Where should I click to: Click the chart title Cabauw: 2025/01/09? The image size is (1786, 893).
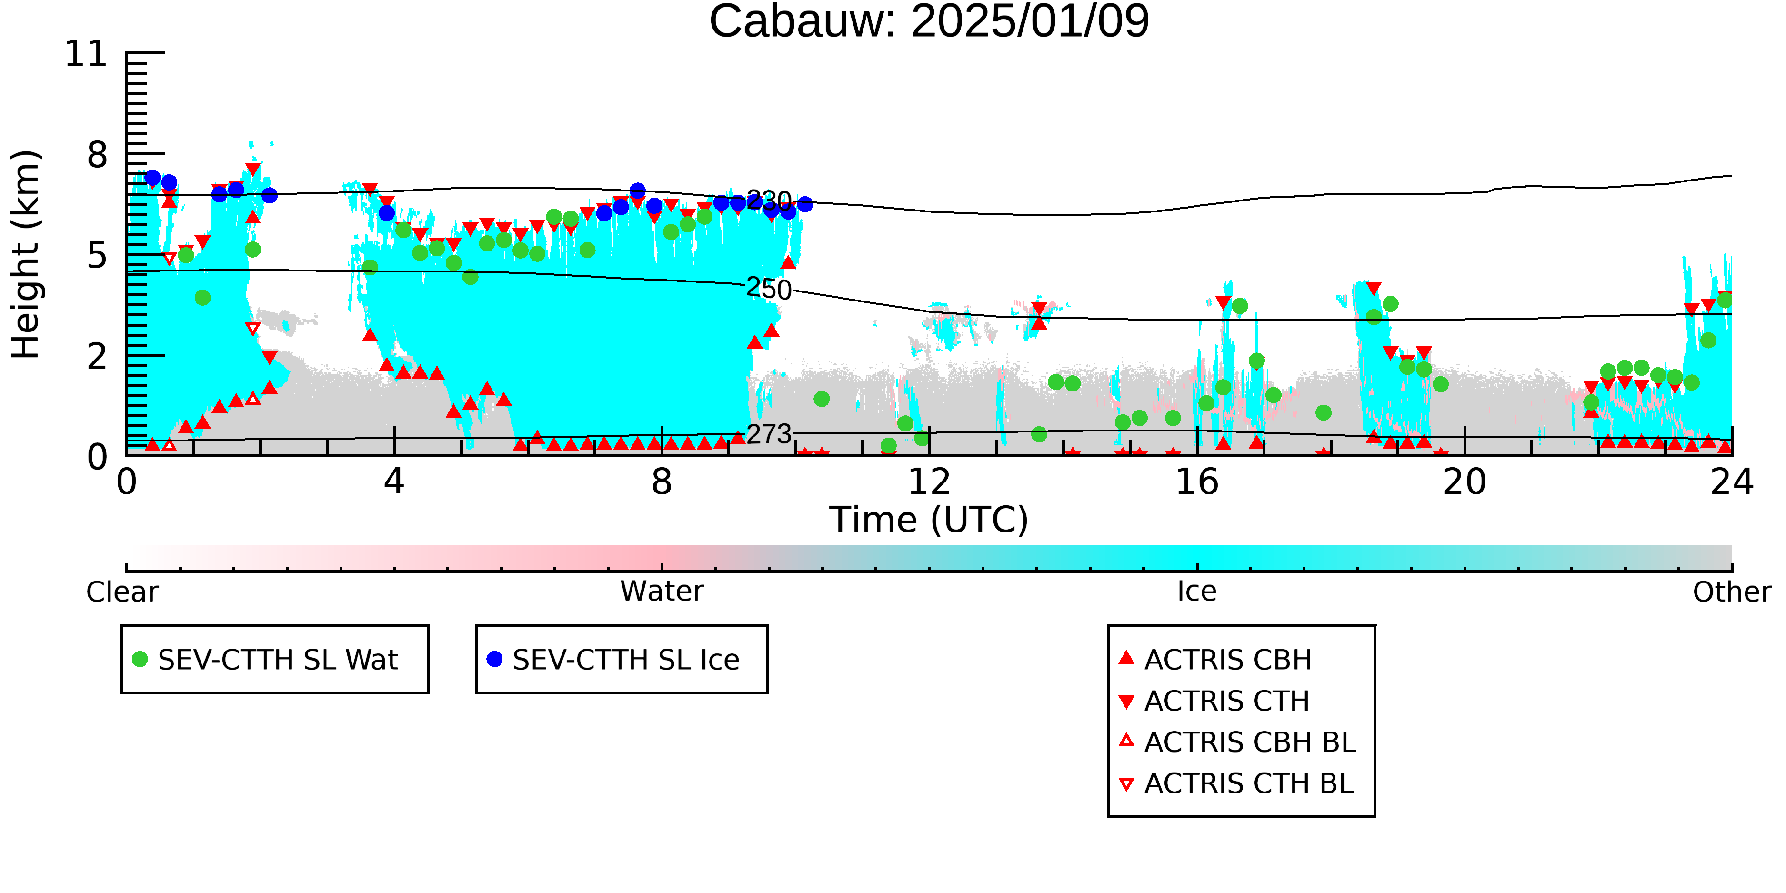coord(929,21)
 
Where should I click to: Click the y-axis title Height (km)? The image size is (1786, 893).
coord(26,254)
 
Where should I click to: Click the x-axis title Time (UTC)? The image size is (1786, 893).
coord(929,520)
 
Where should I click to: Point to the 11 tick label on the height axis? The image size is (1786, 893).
coord(86,54)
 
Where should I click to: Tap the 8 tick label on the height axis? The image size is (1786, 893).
coord(98,155)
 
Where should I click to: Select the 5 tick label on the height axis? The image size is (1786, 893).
coord(98,256)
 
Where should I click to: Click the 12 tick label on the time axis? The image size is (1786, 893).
coord(929,482)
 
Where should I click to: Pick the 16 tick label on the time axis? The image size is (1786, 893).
coord(1197,482)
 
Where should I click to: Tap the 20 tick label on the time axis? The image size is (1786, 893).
coord(1465,482)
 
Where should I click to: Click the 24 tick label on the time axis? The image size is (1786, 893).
coord(1732,482)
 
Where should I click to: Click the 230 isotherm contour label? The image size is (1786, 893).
coord(769,201)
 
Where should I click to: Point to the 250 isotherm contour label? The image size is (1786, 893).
coord(769,289)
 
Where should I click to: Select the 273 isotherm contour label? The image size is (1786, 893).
coord(769,434)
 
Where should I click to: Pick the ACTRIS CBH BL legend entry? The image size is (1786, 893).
coord(1238,742)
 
